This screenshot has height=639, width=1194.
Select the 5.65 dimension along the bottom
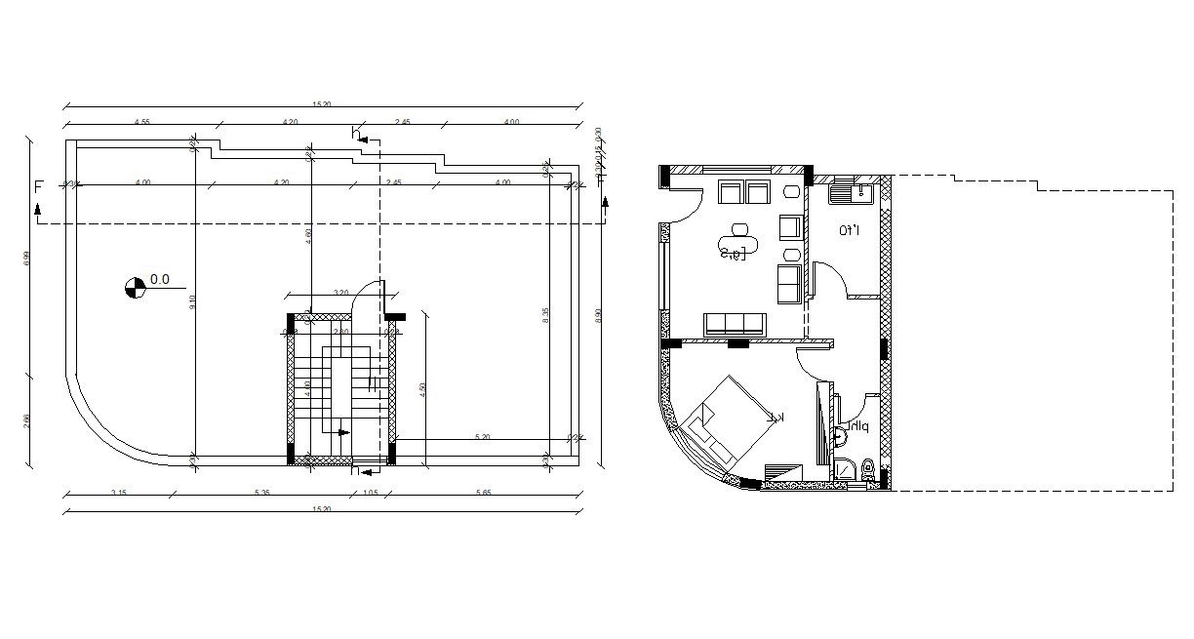pyautogui.click(x=483, y=493)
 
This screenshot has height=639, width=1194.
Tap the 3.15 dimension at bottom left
pyautogui.click(x=119, y=493)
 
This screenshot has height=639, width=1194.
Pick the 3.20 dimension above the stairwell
pyautogui.click(x=340, y=292)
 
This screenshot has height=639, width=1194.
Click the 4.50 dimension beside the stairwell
pyautogui.click(x=422, y=387)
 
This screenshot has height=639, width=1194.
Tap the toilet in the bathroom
pyautogui.click(x=865, y=472)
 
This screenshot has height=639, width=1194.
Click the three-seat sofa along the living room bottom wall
pyautogui.click(x=736, y=324)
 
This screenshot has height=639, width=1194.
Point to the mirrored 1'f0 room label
pyautogui.click(x=849, y=231)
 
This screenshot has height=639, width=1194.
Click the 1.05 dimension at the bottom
pyautogui.click(x=370, y=493)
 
